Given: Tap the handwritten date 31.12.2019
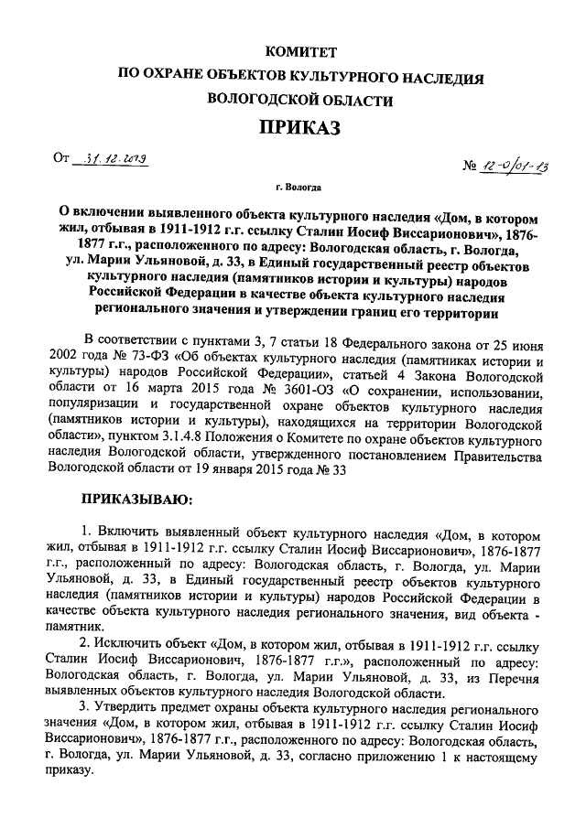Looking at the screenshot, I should click(x=117, y=157).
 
